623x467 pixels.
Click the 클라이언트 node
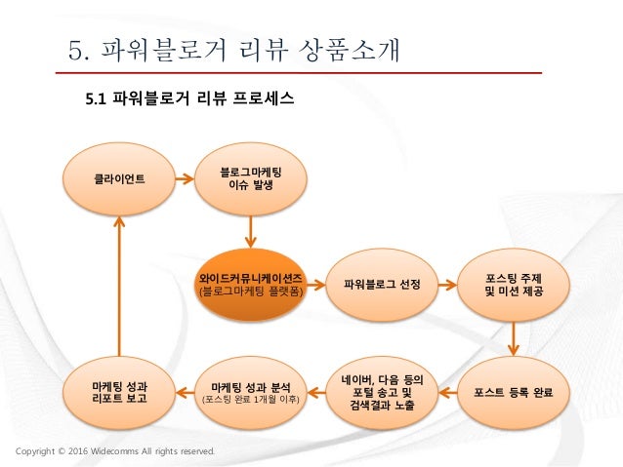click(x=117, y=179)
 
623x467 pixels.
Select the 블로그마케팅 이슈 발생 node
click(x=250, y=178)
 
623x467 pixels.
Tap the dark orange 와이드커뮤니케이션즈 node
click(x=250, y=285)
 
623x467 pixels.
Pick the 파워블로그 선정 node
click(x=382, y=285)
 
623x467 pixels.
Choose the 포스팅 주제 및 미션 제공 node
click(x=514, y=285)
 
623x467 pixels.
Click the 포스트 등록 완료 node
click(x=514, y=392)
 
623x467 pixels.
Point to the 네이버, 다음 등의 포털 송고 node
click(x=382, y=391)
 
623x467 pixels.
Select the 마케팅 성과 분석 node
click(x=250, y=392)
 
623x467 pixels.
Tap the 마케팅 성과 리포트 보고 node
click(x=118, y=392)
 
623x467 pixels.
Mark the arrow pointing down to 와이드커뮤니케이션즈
click(x=251, y=231)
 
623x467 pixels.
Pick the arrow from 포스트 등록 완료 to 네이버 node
click(x=447, y=392)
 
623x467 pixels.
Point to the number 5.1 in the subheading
click(x=98, y=99)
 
